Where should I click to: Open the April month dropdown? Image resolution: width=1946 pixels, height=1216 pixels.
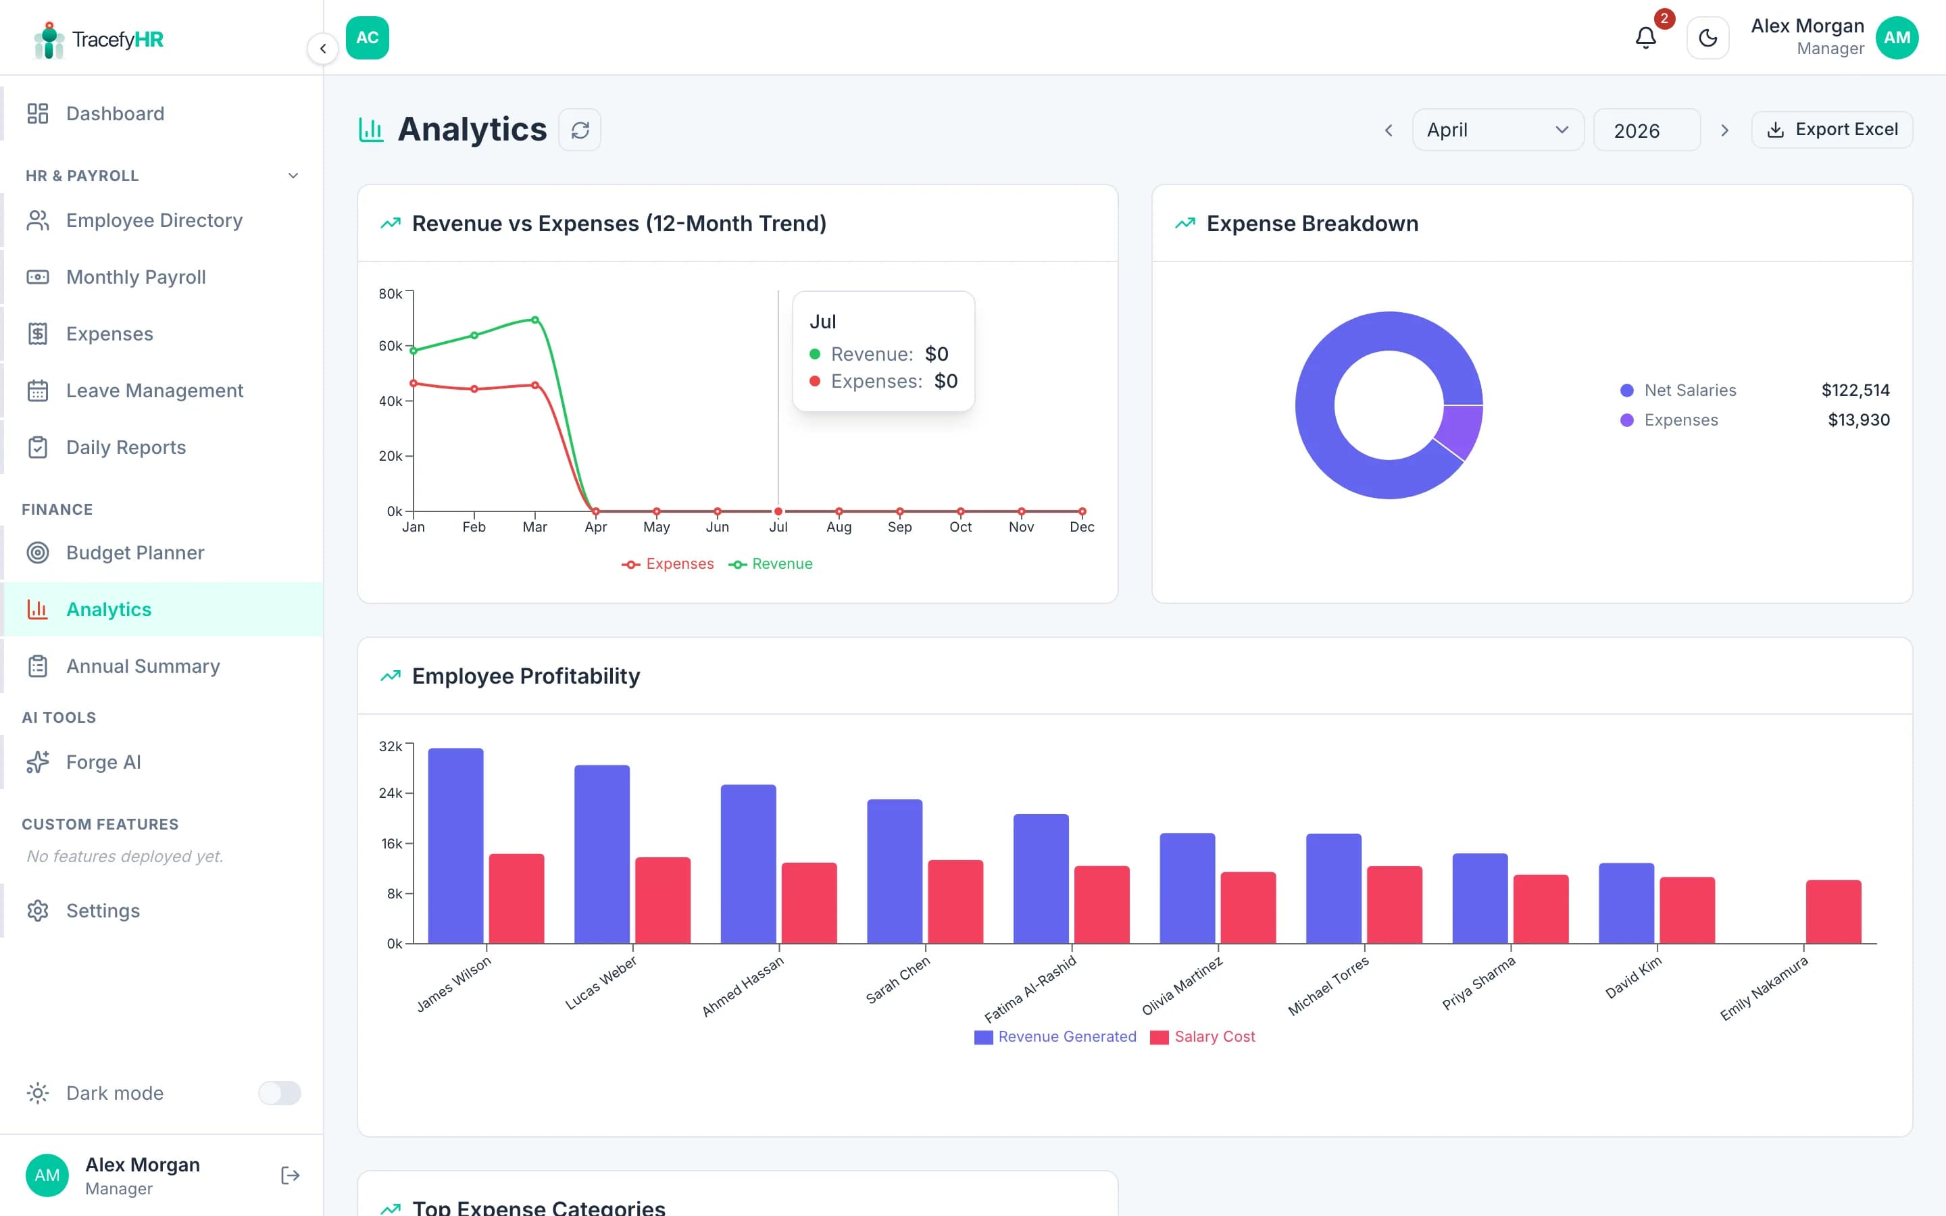pos(1497,130)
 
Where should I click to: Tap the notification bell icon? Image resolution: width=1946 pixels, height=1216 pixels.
pos(1645,38)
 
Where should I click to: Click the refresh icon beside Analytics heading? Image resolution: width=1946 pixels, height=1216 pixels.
pos(580,130)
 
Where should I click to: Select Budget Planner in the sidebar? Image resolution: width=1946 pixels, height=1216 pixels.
pos(135,553)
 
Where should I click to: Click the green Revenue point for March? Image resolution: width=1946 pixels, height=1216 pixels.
pos(534,320)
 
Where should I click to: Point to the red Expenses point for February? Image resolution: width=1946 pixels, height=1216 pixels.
pos(474,388)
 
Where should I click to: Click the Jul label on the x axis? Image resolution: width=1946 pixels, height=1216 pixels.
pos(778,527)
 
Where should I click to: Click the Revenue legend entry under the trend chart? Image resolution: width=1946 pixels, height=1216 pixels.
pos(771,564)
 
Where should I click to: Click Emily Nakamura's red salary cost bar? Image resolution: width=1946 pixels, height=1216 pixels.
pos(1832,911)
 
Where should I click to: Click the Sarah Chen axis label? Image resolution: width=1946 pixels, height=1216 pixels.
pos(898,979)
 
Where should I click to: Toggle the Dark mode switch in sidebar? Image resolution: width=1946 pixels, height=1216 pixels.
pos(279,1093)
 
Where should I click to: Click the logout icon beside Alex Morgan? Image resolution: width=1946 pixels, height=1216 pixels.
pos(291,1175)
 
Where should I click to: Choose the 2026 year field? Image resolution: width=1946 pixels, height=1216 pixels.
pos(1645,130)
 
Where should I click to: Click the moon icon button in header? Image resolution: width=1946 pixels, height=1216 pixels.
pos(1707,38)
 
